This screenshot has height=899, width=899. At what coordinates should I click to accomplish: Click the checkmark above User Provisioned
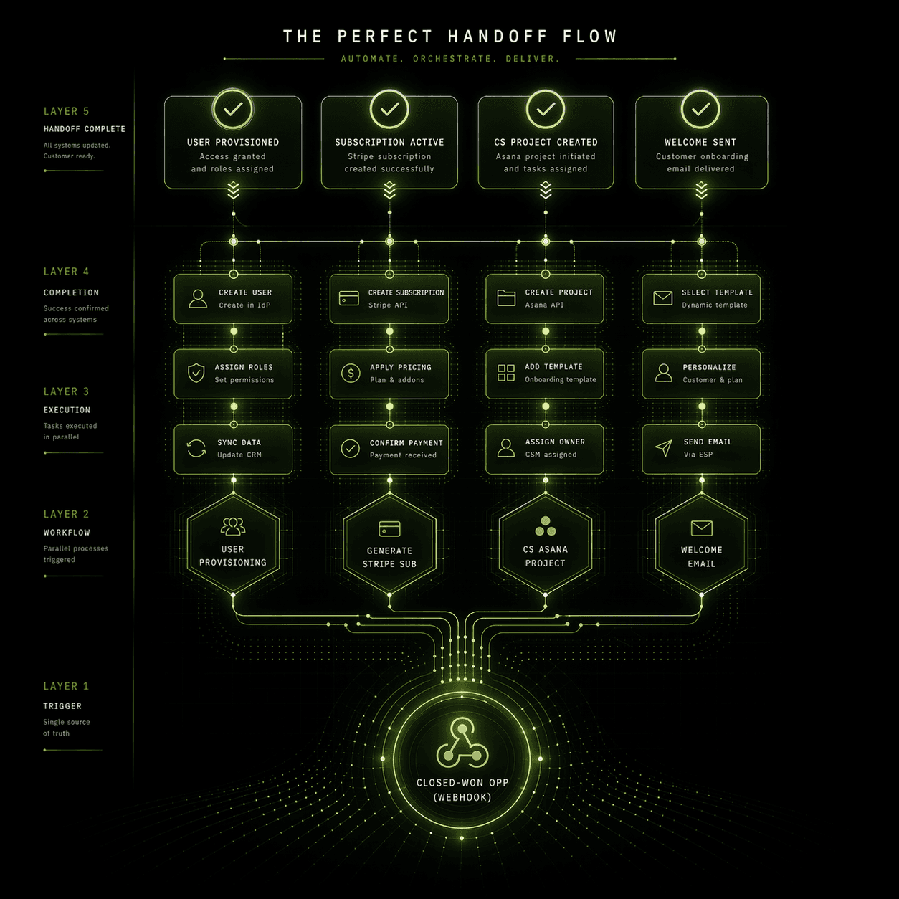tap(233, 109)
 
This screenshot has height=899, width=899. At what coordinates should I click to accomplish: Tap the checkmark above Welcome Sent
tap(700, 109)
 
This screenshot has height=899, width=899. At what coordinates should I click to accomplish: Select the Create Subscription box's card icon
tap(349, 298)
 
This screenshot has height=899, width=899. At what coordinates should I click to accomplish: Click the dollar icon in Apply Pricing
tap(351, 373)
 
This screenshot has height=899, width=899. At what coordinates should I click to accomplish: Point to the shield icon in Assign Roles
tap(196, 373)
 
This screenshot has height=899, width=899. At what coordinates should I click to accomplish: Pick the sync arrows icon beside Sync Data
tap(196, 448)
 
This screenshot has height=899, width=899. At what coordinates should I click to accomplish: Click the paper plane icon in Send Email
tap(664, 448)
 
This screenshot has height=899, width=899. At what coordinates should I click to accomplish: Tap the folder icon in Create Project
tap(506, 298)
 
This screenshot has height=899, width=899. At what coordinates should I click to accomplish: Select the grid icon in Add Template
tap(506, 373)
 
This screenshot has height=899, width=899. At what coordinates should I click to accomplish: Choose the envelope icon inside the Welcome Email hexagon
tap(701, 528)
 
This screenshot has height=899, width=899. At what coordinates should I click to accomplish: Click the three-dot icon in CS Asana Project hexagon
tap(546, 527)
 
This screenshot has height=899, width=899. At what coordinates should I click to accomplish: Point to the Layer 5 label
tap(66, 111)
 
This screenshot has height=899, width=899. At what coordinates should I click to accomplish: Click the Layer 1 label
tap(66, 686)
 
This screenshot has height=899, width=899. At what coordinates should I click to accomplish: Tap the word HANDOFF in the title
tap(498, 37)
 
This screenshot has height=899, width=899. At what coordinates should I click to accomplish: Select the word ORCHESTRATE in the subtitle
tap(453, 59)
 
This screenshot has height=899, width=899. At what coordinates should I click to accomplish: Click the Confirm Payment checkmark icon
tap(350, 448)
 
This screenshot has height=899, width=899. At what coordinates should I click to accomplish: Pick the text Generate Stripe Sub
tap(389, 557)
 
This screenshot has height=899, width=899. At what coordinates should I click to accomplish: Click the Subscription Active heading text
tap(389, 142)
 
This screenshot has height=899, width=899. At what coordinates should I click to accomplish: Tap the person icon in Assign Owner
tap(506, 448)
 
